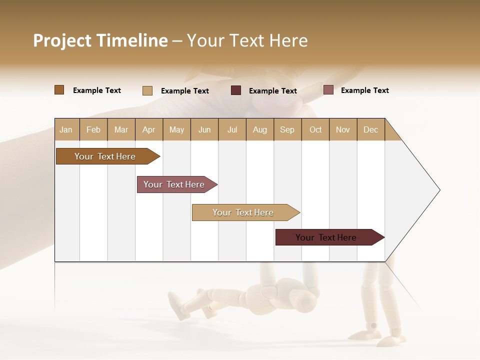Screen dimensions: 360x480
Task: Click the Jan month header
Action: point(66,129)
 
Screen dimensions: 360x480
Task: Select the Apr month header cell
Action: point(149,129)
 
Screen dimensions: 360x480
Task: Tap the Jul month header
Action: point(232,129)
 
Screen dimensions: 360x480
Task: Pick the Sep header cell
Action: point(287,129)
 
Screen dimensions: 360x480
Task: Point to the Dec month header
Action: point(371,129)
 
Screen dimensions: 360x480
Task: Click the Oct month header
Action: point(315,129)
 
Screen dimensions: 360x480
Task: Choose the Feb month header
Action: point(93,129)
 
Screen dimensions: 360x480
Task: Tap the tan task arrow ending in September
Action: point(243,212)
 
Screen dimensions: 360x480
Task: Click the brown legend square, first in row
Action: point(59,90)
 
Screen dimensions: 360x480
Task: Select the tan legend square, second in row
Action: point(147,90)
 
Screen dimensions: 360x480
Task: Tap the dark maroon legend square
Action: point(236,90)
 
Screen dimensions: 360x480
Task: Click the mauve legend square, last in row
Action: point(328,90)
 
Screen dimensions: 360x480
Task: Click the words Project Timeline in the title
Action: point(100,40)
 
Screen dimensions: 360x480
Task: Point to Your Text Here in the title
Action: point(247,40)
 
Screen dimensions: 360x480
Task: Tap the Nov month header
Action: point(343,129)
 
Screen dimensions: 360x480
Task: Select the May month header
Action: point(176,129)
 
